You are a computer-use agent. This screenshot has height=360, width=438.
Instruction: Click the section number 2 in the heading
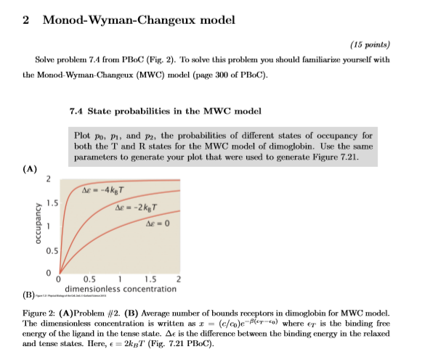click(x=26, y=20)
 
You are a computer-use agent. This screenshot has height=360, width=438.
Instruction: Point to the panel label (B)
click(x=29, y=297)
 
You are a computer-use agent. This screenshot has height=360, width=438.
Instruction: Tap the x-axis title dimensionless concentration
click(x=119, y=289)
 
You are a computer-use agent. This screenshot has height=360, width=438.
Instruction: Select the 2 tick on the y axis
click(x=48, y=179)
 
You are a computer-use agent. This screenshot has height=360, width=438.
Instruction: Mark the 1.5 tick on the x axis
click(x=150, y=279)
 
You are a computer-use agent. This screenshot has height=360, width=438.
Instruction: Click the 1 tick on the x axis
click(x=119, y=279)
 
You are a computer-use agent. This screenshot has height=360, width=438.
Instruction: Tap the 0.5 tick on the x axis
click(x=89, y=279)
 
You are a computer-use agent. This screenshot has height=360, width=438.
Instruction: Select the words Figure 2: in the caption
click(x=48, y=308)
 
